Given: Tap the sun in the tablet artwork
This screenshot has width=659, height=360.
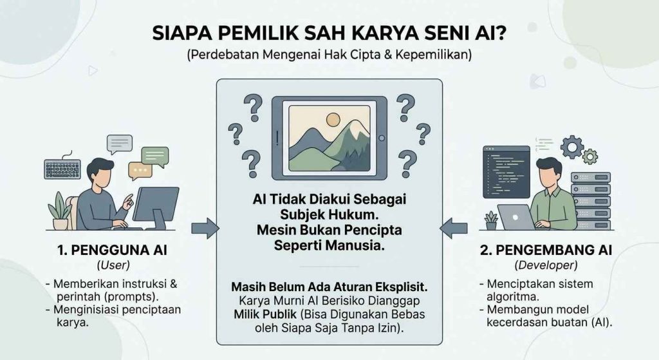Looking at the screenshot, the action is [x=333, y=119].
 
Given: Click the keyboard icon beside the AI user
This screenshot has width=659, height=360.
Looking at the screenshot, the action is [x=62, y=168].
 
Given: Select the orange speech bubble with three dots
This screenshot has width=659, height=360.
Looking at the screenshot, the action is [x=140, y=171].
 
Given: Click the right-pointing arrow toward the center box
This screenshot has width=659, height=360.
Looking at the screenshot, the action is [x=205, y=229].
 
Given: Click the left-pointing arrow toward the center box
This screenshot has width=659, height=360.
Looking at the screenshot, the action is [x=454, y=229].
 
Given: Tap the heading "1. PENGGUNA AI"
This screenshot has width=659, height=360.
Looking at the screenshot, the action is [x=112, y=251].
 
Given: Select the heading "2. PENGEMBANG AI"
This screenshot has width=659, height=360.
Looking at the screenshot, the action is [x=546, y=251].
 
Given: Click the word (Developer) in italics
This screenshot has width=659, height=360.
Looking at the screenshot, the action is [x=546, y=265].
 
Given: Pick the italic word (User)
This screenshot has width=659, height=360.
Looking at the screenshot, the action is [x=113, y=265].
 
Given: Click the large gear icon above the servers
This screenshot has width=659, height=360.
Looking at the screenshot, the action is [x=572, y=147].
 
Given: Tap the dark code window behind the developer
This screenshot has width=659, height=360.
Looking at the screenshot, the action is [x=506, y=172].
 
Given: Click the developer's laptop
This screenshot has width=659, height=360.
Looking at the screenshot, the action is [x=516, y=217].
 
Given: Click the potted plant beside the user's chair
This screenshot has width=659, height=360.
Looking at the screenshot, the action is [x=59, y=211].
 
